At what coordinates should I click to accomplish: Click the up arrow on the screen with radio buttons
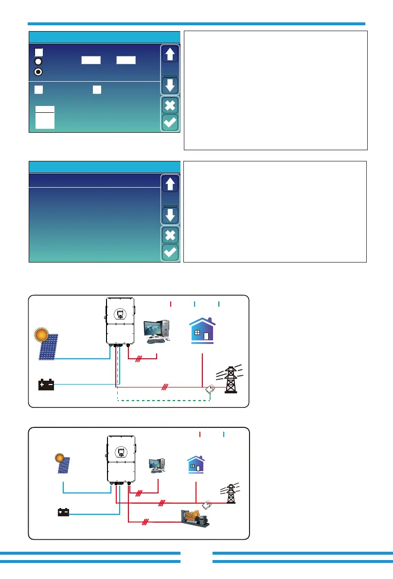point(170,54)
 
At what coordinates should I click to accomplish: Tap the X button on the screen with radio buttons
point(170,105)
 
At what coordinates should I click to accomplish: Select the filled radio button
point(38,71)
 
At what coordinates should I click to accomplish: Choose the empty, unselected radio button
point(38,62)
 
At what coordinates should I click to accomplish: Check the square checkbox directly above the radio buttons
point(38,52)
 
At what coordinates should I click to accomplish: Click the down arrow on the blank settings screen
point(170,215)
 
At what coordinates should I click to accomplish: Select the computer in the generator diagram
point(158,465)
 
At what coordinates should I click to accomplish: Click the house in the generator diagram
point(196,465)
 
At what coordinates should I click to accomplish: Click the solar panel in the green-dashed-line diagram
point(49,347)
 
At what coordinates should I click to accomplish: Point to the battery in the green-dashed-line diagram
point(46,385)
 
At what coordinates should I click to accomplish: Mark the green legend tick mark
point(219,304)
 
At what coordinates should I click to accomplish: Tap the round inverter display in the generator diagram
point(120,452)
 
